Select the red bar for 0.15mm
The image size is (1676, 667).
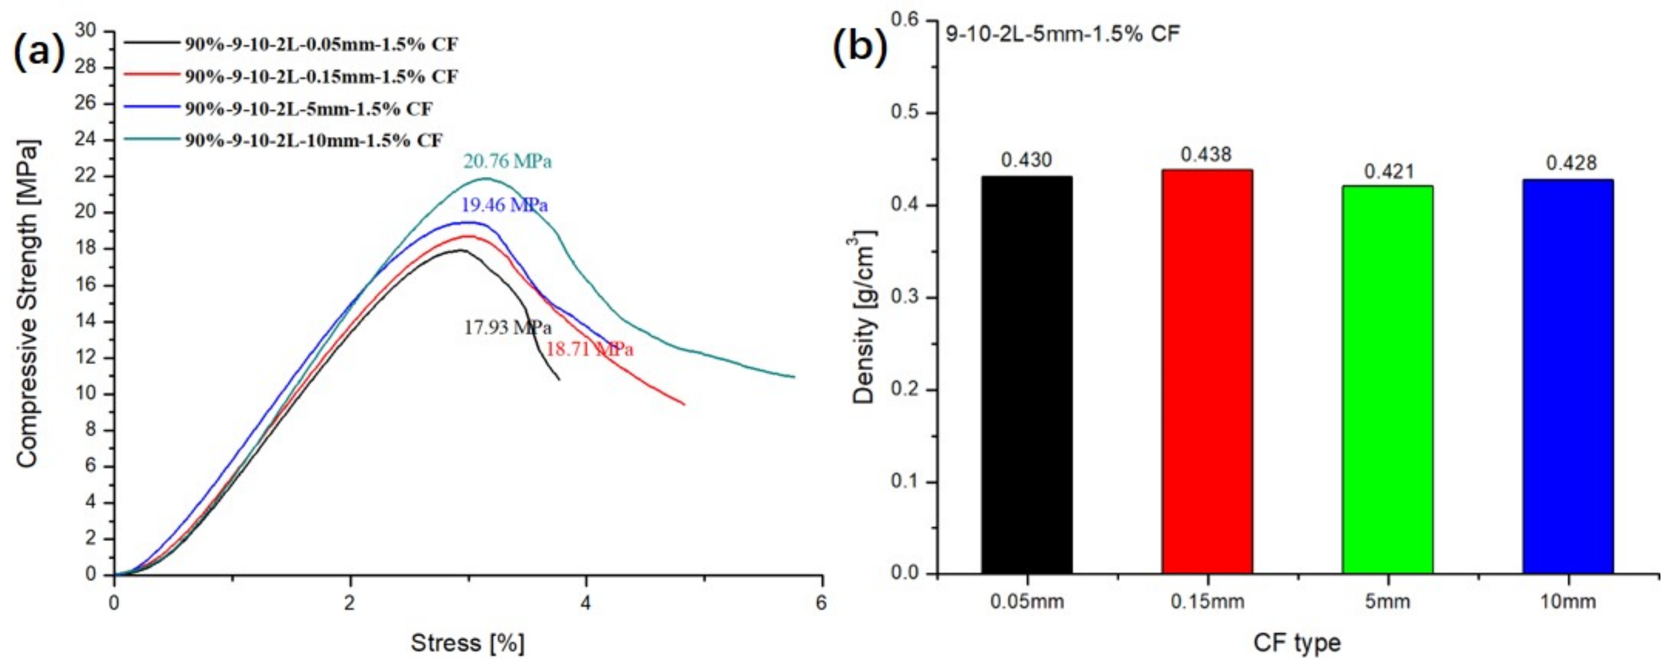[x=1207, y=371]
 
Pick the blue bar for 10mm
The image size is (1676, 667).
[x=1567, y=376]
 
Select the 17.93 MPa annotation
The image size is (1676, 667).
[x=507, y=327]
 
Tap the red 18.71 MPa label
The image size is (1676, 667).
[x=589, y=349]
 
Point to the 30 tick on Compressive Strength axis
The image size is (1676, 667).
[x=86, y=31]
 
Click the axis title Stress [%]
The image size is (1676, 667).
[x=467, y=643]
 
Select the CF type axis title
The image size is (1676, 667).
[x=1297, y=643]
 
